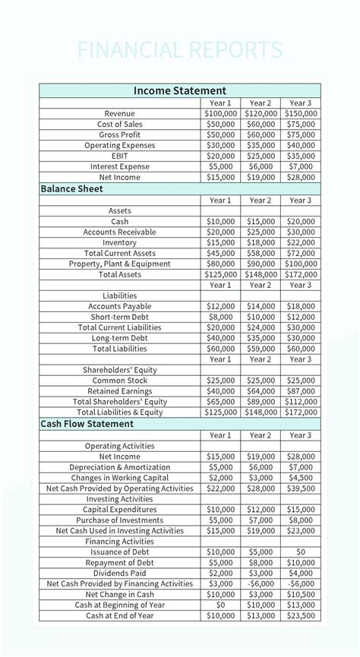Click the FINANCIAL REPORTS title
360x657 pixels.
180,50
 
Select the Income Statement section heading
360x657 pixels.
180,90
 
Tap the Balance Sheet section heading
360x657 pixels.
71,188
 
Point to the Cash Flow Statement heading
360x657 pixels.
87,424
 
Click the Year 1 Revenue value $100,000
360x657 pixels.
220,113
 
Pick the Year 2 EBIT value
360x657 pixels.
261,156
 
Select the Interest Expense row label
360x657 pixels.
120,166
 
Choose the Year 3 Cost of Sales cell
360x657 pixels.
301,124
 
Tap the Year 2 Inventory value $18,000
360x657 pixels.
261,242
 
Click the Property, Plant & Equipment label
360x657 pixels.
120,264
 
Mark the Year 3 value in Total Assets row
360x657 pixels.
301,274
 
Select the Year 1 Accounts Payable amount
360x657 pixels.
220,306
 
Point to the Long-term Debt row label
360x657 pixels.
120,338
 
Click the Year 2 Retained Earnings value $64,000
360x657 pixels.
261,391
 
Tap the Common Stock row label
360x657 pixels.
120,381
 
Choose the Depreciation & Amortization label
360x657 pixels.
120,467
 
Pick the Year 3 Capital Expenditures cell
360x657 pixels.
301,510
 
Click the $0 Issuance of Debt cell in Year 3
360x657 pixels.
301,552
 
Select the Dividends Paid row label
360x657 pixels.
120,573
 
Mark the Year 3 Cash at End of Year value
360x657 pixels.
301,616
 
